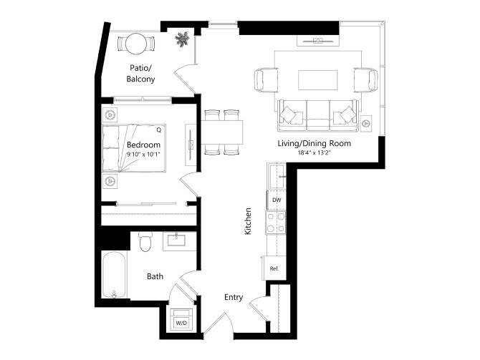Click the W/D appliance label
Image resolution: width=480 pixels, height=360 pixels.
click(181, 323)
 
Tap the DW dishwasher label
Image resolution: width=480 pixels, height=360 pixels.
click(276, 200)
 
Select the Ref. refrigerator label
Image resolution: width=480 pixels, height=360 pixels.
click(274, 268)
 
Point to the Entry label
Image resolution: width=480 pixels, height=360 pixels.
click(234, 297)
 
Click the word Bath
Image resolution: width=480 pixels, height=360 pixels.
click(155, 276)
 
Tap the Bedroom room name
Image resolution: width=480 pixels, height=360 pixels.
click(134, 145)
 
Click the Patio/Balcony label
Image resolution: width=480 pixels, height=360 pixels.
click(141, 73)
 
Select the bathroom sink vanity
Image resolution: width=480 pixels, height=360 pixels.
click(176, 241)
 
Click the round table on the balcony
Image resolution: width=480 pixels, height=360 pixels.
click(136, 44)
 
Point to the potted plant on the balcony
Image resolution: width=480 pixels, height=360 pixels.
click(183, 39)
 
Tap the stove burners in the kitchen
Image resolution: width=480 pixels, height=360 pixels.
click(276, 222)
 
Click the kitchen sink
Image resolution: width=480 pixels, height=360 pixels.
click(276, 176)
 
